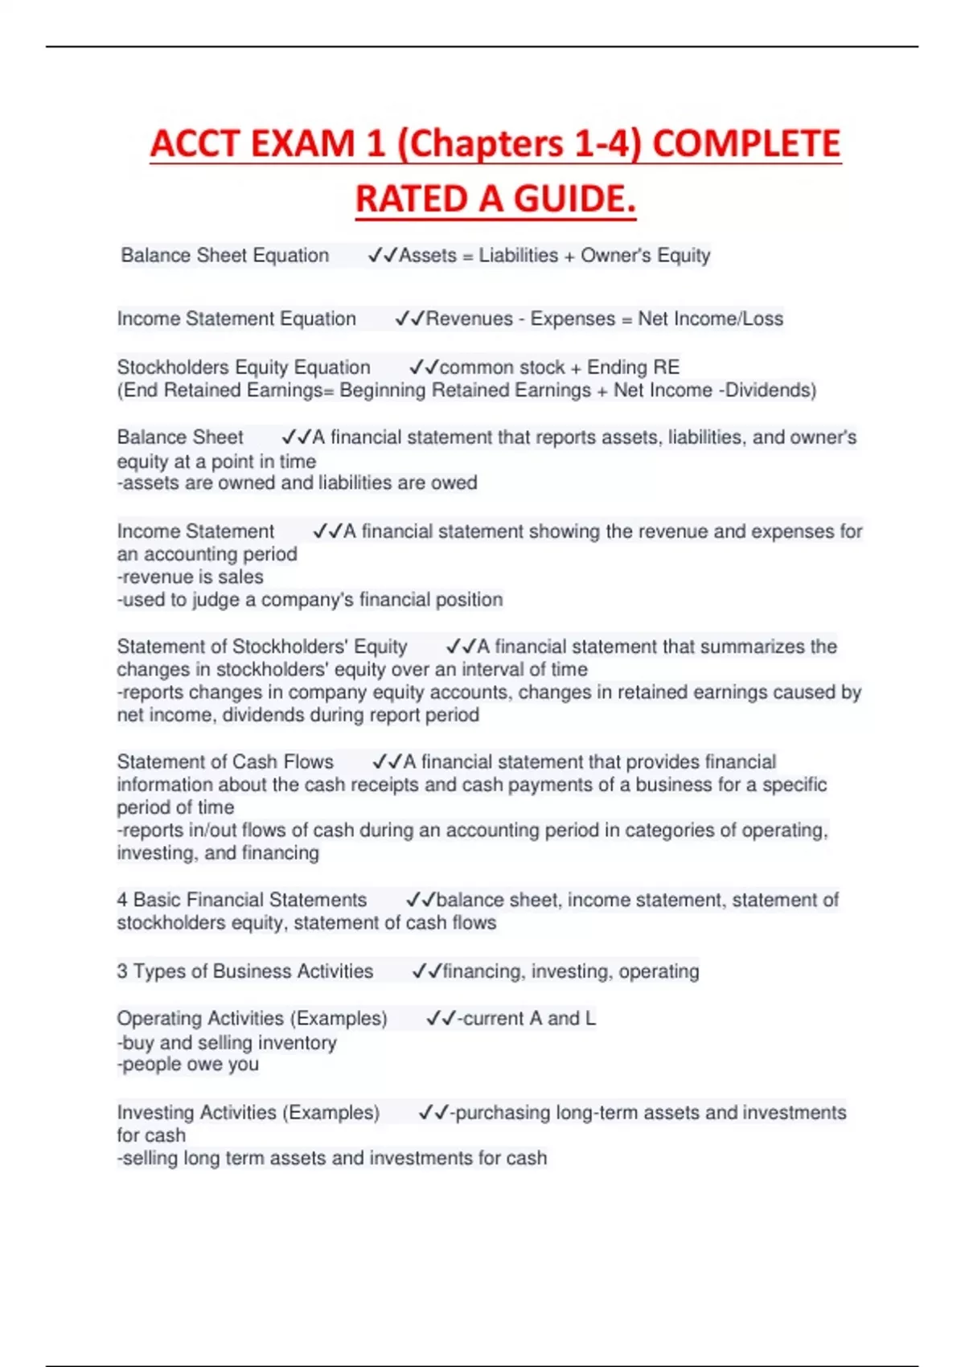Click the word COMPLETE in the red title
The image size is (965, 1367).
click(x=745, y=144)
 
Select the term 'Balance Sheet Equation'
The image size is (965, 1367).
click(x=224, y=256)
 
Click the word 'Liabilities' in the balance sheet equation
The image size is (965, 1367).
click(x=518, y=256)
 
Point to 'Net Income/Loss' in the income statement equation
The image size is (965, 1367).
click(x=710, y=319)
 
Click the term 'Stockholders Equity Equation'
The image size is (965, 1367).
click(x=244, y=367)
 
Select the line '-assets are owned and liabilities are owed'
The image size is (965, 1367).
click(x=297, y=483)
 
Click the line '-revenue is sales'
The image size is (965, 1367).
click(x=190, y=577)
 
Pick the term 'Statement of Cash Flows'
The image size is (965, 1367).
click(x=225, y=762)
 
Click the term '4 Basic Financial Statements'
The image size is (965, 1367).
click(x=241, y=901)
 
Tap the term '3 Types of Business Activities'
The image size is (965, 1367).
click(x=244, y=971)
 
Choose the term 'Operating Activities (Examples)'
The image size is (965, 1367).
click(x=252, y=1019)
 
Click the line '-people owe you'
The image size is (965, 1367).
click(x=187, y=1065)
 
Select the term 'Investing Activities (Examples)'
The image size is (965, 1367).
click(x=248, y=1113)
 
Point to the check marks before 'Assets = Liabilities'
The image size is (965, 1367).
click(x=382, y=256)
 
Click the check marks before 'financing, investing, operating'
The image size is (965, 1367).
click(x=426, y=971)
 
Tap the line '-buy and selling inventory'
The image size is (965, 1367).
click(x=226, y=1043)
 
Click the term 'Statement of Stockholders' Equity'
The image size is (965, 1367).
click(x=261, y=647)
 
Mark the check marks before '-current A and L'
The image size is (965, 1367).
click(x=441, y=1019)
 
